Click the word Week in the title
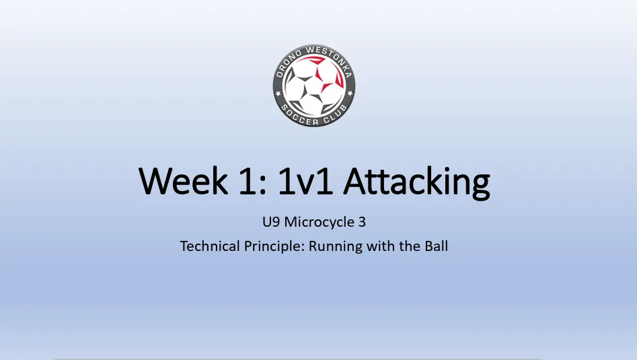[x=183, y=181]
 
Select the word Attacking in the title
[x=416, y=183]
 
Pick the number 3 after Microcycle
[x=362, y=222]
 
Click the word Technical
[x=210, y=246]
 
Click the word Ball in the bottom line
[x=437, y=246]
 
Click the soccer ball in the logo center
[x=314, y=85]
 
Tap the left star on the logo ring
[x=278, y=94]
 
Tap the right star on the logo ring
[x=349, y=94]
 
